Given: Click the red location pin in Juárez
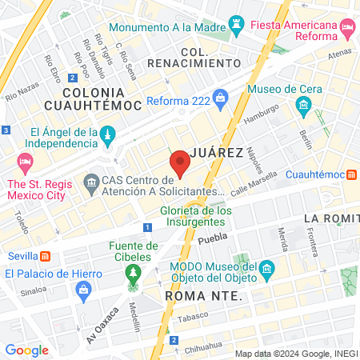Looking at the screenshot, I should point(180,162).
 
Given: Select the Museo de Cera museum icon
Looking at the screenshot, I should point(303,105).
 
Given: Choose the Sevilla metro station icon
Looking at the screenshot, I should point(46,256).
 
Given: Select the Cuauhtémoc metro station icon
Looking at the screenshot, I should point(351,174).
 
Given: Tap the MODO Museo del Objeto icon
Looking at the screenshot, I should point(266,267).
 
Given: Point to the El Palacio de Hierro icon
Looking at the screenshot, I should point(86,294).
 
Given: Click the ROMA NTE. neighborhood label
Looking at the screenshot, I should point(202,296).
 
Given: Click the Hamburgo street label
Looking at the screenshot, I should point(262,115).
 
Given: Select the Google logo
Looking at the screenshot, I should point(27,350).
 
